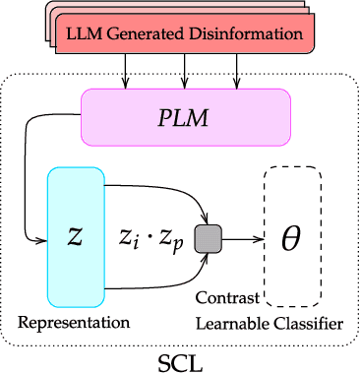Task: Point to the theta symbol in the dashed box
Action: click(291, 239)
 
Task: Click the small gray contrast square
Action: click(208, 238)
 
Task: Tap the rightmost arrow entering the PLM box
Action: click(237, 74)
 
